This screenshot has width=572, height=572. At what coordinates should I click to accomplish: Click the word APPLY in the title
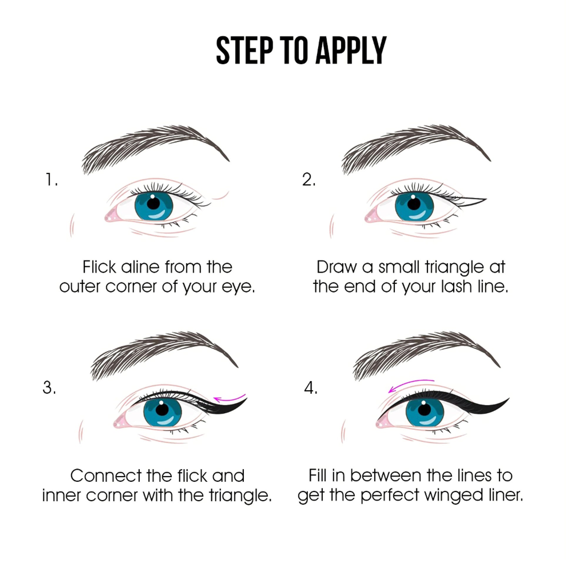point(351,50)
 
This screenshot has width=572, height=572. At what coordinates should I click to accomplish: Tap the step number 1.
point(51,180)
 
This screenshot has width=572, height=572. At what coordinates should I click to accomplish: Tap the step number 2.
point(309,180)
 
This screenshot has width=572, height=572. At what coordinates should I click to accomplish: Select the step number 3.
point(49,387)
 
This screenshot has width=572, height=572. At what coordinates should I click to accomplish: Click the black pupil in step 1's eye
point(153,203)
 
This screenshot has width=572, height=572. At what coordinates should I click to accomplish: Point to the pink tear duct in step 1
point(111,215)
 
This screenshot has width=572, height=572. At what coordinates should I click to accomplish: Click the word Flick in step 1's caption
point(99,267)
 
